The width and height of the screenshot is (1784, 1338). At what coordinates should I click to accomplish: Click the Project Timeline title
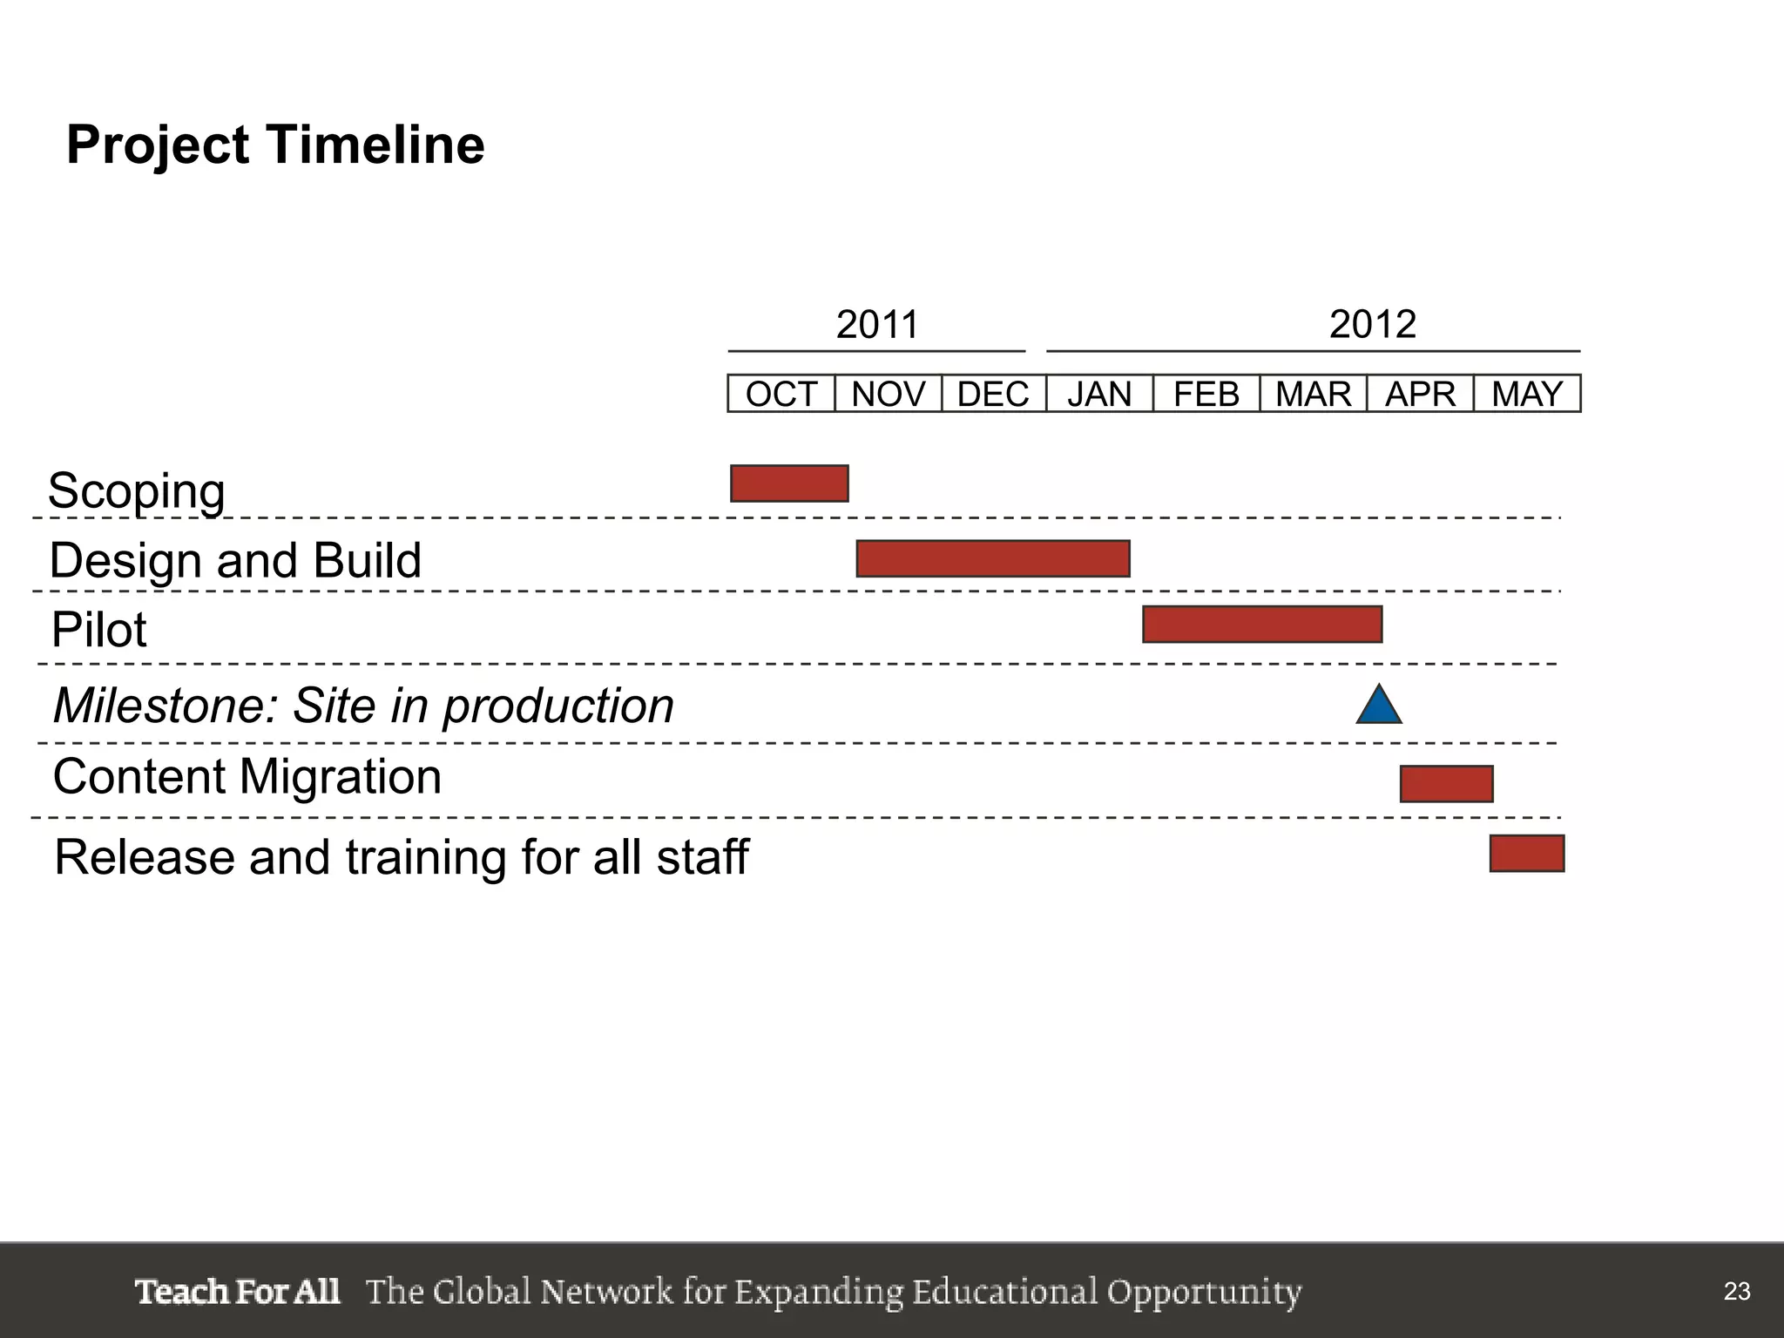tap(275, 145)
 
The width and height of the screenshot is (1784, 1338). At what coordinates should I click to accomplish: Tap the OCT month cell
tap(781, 394)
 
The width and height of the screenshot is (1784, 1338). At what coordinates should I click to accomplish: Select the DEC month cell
tap(993, 394)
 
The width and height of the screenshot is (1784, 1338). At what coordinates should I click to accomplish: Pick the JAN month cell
tap(1099, 394)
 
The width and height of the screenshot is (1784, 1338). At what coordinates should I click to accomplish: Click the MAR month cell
tap(1313, 394)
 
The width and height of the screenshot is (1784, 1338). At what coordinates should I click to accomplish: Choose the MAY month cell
tap(1527, 394)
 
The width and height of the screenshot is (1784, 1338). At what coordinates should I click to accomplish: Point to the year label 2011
tap(877, 325)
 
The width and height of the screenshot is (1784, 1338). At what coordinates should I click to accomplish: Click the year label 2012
tap(1372, 325)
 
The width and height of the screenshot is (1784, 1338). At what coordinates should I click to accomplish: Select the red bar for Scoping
tap(789, 483)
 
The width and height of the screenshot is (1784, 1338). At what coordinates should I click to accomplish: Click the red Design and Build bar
tap(993, 558)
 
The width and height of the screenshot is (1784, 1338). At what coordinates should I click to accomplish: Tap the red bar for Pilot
tap(1262, 625)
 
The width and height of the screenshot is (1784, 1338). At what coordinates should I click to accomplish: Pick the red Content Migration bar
tap(1446, 784)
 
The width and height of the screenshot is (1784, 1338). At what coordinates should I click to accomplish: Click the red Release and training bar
tap(1527, 854)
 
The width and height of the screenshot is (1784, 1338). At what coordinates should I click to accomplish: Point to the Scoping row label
tap(137, 491)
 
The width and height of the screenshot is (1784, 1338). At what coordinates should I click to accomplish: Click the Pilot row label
tap(98, 630)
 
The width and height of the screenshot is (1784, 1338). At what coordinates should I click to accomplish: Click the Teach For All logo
tap(237, 1291)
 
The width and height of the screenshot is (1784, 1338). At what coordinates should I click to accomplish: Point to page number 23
tap(1737, 1291)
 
